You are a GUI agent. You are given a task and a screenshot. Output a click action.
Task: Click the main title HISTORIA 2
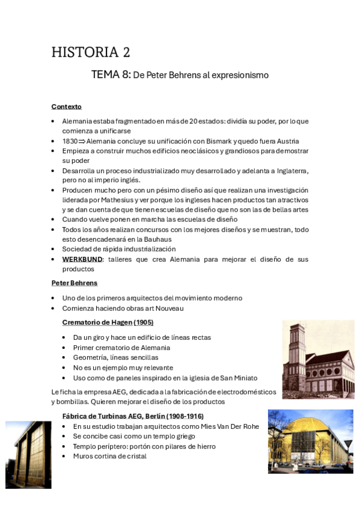(91, 52)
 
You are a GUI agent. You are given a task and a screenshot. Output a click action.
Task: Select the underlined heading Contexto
(67, 106)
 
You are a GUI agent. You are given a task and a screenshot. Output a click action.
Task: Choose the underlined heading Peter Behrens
(75, 283)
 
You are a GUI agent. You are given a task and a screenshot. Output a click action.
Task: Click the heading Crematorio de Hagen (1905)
(108, 322)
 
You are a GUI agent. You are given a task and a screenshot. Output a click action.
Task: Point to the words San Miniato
(237, 378)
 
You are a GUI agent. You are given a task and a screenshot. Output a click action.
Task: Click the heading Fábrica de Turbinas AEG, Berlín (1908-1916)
(133, 416)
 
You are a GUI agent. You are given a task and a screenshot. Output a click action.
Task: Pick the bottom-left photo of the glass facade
(28, 454)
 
